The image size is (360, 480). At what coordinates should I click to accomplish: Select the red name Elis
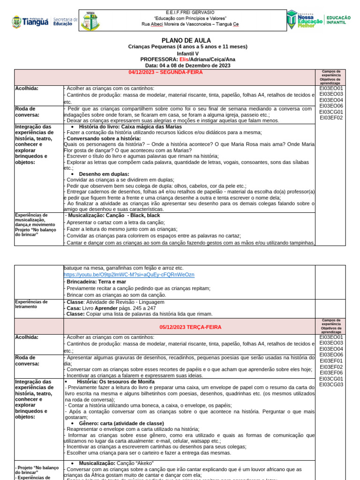click(x=184, y=60)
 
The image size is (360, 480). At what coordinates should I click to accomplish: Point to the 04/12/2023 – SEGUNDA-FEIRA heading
click(x=165, y=72)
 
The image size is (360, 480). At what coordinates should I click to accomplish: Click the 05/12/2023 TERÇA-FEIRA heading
click(x=184, y=327)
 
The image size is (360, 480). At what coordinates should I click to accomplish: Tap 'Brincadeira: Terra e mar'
click(x=97, y=281)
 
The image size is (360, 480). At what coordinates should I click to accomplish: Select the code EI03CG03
click(x=331, y=384)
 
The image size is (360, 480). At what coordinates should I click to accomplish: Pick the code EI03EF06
click(x=331, y=373)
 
